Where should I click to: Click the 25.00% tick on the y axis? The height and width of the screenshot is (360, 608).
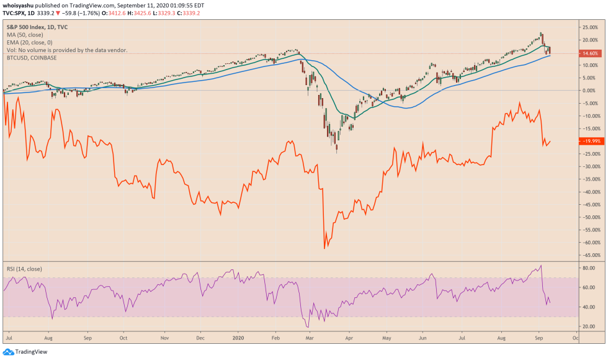tap(589, 27)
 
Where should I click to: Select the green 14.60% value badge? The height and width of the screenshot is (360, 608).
tap(589, 53)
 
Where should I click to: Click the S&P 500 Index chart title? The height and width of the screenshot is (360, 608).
tap(37, 27)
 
